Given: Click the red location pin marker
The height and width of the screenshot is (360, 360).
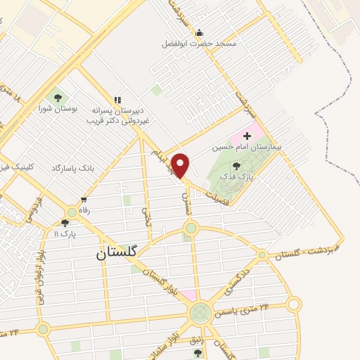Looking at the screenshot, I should click(x=181, y=166).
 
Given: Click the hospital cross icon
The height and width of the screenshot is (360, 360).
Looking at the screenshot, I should click(x=247, y=135).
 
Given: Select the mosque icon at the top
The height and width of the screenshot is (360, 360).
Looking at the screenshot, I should click(x=199, y=32).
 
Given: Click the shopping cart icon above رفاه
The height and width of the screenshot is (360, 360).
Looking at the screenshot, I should click(x=84, y=200).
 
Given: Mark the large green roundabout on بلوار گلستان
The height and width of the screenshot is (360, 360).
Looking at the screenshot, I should click(x=200, y=311).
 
